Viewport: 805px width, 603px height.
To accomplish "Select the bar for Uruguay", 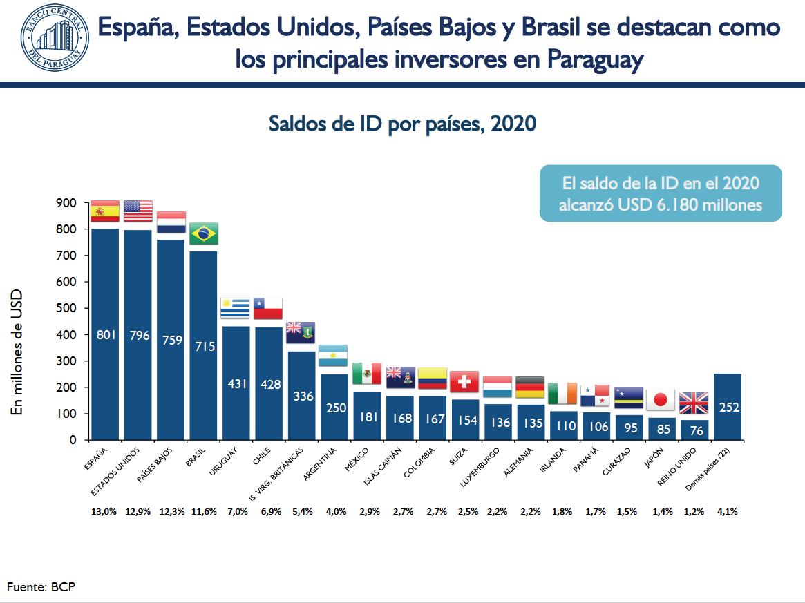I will [235, 373].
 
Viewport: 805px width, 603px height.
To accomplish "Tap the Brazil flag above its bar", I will [204, 233].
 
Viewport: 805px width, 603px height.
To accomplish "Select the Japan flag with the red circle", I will [660, 399].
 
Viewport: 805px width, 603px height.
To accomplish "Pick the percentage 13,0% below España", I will [104, 512].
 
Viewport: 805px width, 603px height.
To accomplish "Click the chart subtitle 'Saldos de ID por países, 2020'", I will [402, 124].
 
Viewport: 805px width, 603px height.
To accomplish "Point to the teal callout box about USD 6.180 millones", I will [660, 193].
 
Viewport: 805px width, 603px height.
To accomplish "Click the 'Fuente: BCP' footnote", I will [41, 587].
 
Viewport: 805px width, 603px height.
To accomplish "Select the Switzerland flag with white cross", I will [464, 381].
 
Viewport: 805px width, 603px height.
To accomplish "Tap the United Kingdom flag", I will [694, 403].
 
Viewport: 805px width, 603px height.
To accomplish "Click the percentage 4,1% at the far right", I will [727, 512].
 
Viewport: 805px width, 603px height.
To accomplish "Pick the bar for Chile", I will [268, 373].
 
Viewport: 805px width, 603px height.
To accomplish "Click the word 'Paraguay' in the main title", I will [595, 59].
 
